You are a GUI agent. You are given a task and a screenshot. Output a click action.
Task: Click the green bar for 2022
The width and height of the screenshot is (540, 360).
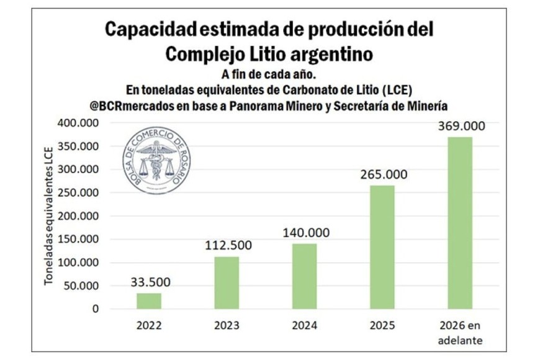(x=149, y=301)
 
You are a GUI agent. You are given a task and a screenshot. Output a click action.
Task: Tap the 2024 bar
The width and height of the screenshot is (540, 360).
(x=305, y=276)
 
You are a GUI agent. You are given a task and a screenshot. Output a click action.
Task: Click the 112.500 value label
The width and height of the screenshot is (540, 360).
(x=228, y=245)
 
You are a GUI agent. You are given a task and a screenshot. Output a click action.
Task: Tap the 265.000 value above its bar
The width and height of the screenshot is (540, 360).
(x=384, y=174)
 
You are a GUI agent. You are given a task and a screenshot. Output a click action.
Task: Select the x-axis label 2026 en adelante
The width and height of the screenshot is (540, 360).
(x=461, y=332)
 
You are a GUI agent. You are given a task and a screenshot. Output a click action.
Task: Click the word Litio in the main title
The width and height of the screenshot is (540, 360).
(x=257, y=54)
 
